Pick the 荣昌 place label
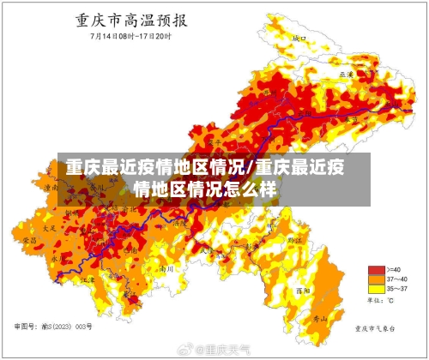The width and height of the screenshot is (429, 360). (29, 243)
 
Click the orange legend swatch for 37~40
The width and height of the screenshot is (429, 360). (375, 279)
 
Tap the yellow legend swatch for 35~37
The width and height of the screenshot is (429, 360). (375, 289)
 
